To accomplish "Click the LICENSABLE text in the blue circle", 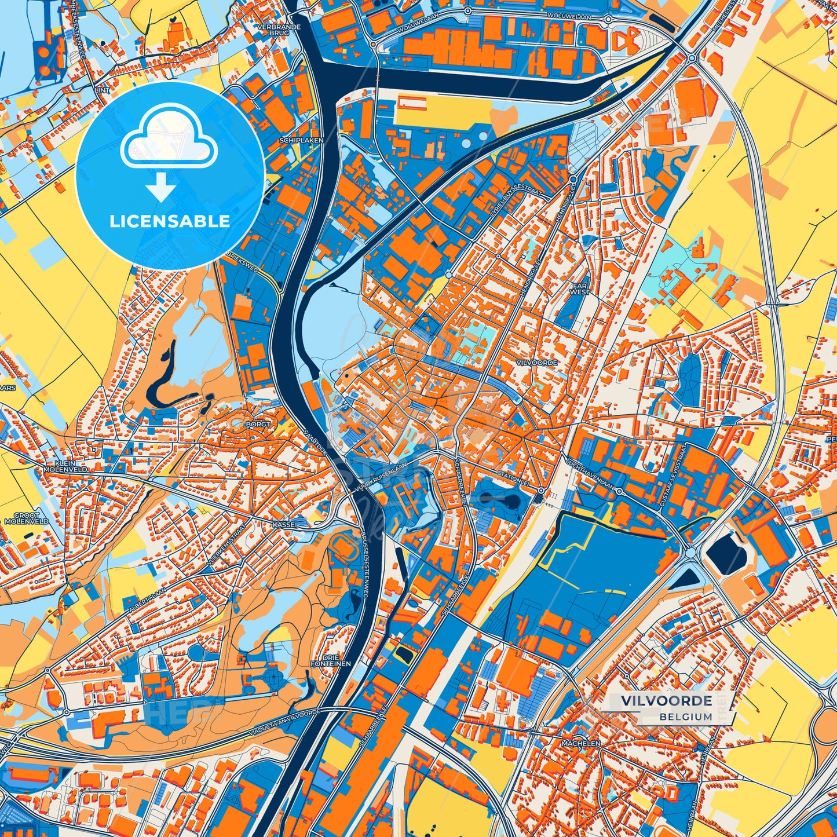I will click(x=170, y=221).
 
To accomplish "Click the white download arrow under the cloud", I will click(x=161, y=188).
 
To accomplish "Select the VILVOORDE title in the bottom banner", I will click(x=667, y=701).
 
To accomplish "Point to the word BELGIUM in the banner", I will click(x=685, y=717).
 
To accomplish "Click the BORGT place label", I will click(x=258, y=424).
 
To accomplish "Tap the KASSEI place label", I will click(x=284, y=524).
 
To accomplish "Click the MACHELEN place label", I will click(x=581, y=743).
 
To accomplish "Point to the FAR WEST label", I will click(x=580, y=289).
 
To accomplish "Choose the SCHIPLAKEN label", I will click(x=301, y=140).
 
